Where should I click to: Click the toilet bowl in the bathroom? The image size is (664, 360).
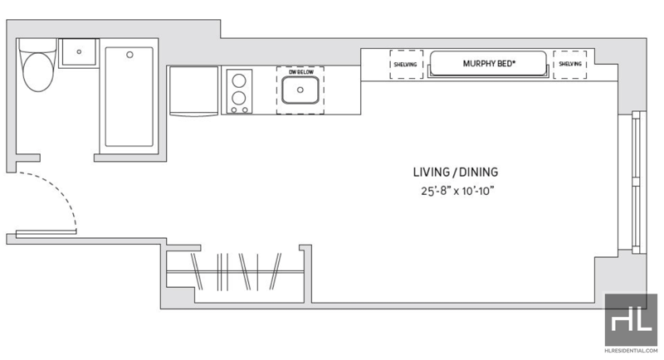[38, 72]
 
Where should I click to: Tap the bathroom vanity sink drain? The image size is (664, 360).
[79, 52]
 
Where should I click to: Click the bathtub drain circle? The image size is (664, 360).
[130, 55]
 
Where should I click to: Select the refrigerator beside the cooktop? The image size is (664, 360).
[193, 91]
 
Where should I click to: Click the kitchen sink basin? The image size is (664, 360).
[300, 90]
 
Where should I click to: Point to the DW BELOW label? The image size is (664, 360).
[301, 72]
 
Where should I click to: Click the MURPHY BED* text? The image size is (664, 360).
[489, 63]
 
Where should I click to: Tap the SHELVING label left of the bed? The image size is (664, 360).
[405, 65]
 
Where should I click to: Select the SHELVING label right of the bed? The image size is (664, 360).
[570, 64]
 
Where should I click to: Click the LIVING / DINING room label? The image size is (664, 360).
[456, 173]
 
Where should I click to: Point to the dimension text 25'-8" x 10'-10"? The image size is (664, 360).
[458, 191]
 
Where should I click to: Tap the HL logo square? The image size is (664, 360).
[631, 319]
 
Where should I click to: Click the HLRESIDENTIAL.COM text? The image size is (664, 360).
[631, 350]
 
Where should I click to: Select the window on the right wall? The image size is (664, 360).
[636, 182]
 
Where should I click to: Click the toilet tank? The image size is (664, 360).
[37, 46]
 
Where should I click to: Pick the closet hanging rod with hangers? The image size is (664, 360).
[236, 272]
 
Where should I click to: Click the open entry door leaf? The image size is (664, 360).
[46, 232]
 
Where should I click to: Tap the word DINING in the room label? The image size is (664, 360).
[479, 173]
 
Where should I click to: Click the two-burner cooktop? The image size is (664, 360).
[239, 91]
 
